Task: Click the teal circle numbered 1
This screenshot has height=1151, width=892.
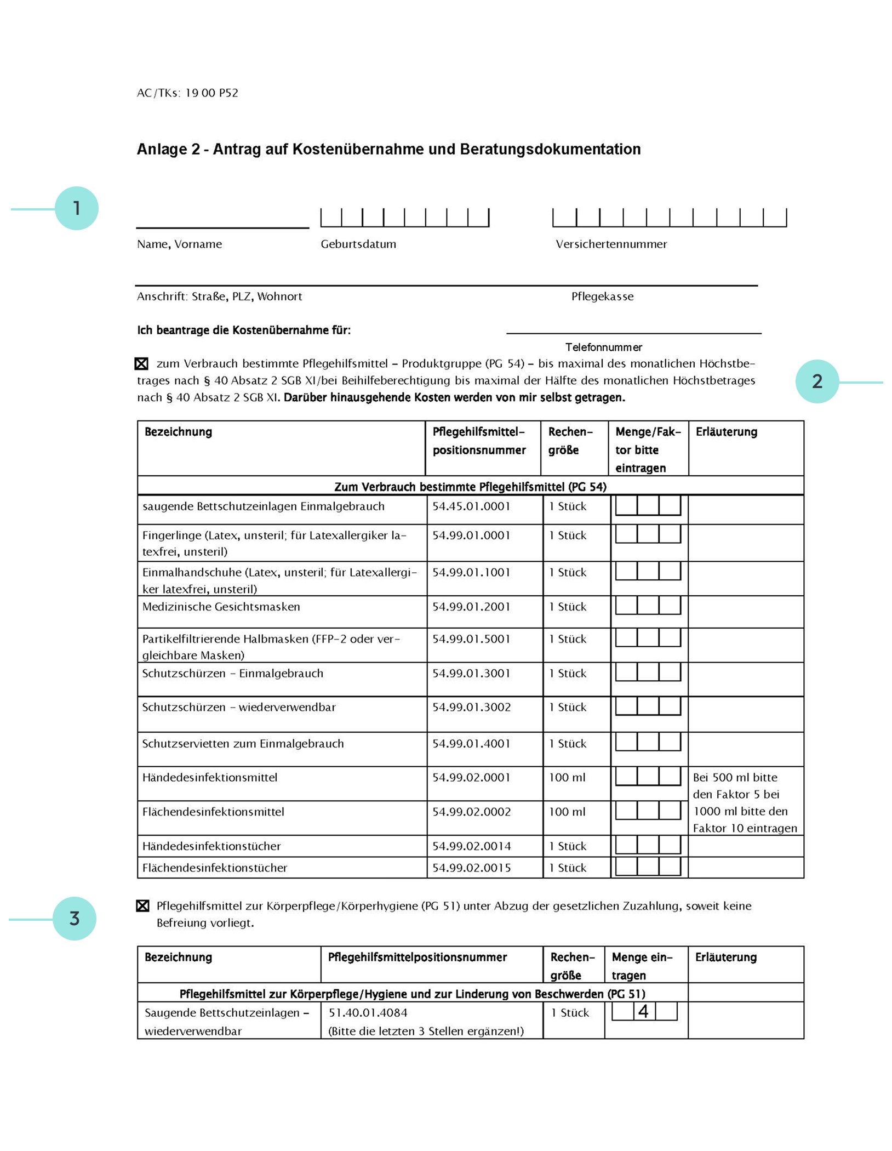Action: point(77,208)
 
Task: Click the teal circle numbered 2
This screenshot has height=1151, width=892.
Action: point(817,381)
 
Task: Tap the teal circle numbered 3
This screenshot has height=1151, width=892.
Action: point(75,919)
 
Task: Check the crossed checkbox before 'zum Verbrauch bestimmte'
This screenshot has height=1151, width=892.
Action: point(141,363)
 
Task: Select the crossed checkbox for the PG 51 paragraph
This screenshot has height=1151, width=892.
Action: point(142,906)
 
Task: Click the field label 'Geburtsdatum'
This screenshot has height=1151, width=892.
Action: point(358,244)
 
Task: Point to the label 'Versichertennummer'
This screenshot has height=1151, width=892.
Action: point(611,244)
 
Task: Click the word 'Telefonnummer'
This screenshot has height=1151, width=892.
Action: point(604,347)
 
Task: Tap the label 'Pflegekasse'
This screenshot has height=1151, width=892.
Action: point(602,297)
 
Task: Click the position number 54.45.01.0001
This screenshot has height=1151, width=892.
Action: point(471,506)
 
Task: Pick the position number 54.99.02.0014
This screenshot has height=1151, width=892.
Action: point(471,846)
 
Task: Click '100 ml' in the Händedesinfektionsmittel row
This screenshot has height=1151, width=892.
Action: point(567,777)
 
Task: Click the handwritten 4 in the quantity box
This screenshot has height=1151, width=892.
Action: point(643,1011)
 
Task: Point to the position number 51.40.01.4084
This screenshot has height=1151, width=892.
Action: point(368,1013)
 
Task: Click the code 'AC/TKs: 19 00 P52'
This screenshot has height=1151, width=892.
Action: point(187,93)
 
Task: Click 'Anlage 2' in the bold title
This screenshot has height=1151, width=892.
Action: point(168,149)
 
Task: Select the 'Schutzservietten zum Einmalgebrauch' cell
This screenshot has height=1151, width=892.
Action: point(243,744)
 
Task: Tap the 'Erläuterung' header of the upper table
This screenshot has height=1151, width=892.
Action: point(727,432)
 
